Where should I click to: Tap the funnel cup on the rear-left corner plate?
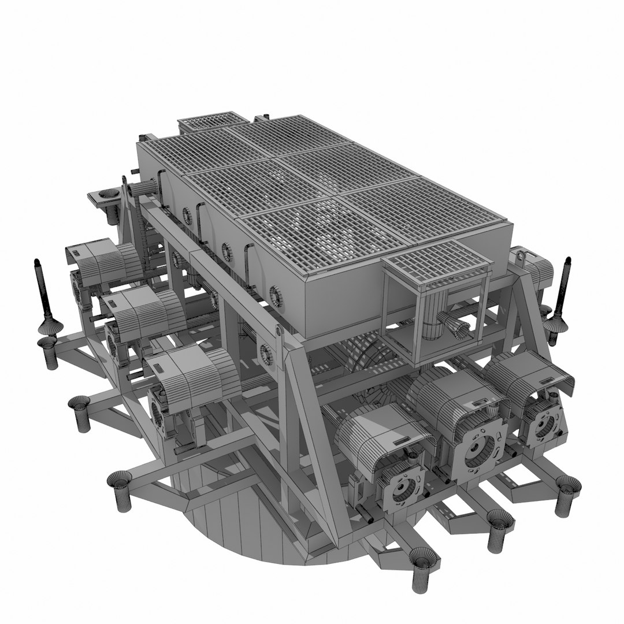(107, 193)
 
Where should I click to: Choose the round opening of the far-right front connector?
(543, 425)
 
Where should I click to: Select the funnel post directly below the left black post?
(49, 352)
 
